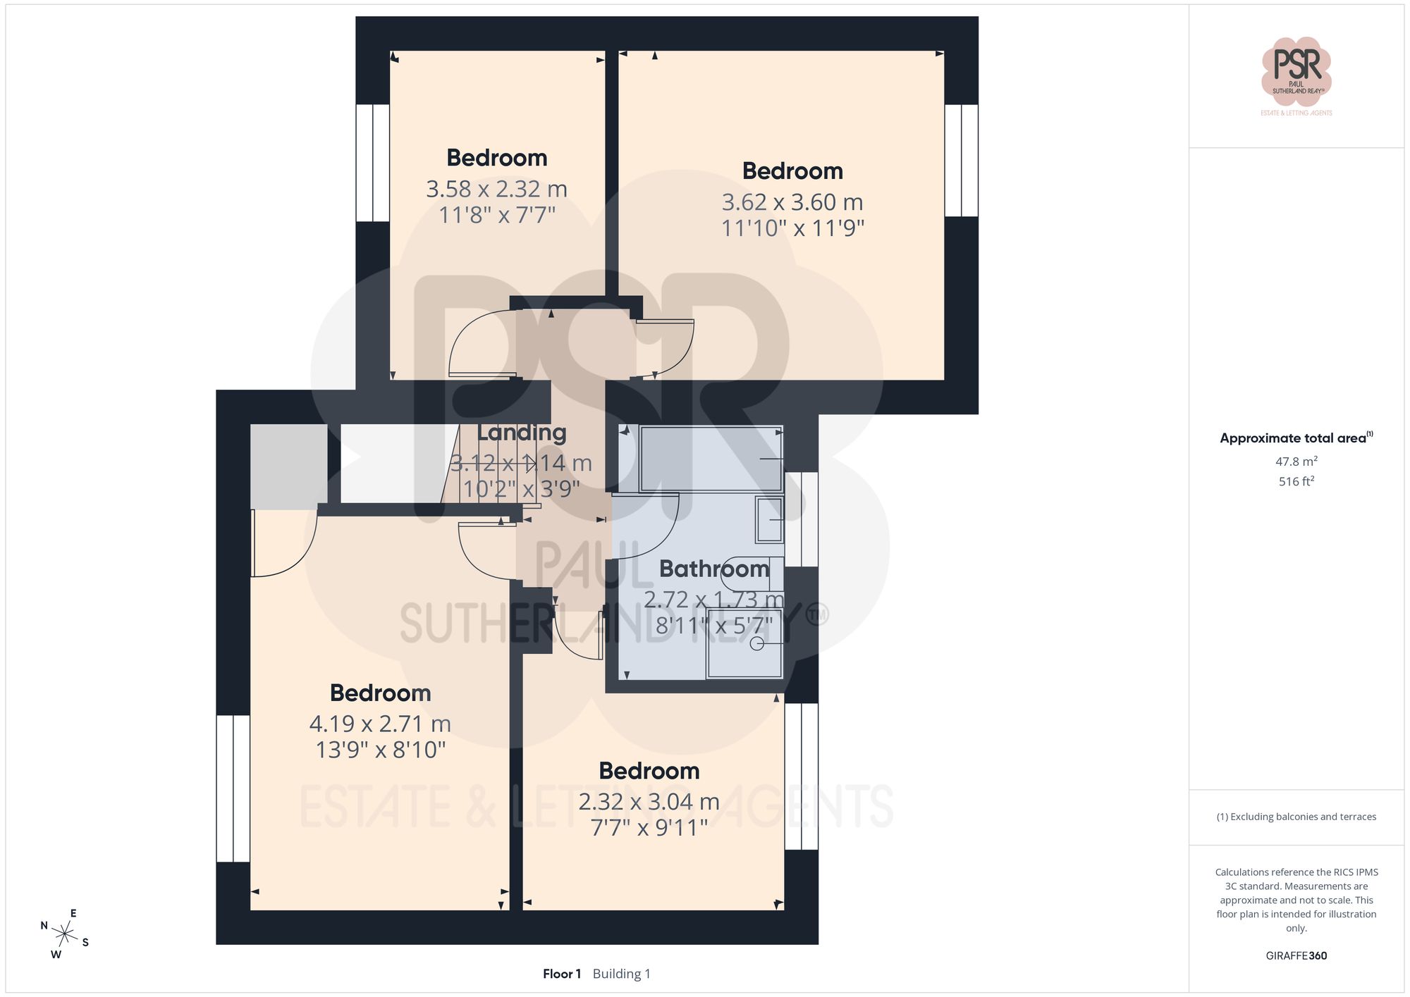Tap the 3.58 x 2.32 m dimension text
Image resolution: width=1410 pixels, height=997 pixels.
pos(496,189)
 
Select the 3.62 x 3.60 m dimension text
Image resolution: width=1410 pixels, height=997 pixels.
pos(792,202)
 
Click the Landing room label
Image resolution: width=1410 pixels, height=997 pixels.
pos(522,433)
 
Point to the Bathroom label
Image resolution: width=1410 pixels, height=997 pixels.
pos(713,569)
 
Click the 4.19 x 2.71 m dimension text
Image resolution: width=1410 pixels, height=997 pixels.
pos(380,724)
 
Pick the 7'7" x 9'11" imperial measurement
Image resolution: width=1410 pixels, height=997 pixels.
pos(649,827)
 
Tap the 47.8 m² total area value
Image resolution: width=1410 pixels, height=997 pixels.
pos(1296,462)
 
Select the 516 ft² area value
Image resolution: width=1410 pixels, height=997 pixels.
pos(1296,481)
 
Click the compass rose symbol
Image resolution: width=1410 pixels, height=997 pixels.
pos(65,935)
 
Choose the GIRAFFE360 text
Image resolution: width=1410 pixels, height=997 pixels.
pos(1296,955)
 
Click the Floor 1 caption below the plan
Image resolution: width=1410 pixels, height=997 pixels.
pos(562,974)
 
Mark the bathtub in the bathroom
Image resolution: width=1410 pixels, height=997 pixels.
pos(711,459)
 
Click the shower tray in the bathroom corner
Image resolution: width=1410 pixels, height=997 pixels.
pos(744,644)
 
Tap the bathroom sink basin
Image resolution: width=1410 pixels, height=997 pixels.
pos(769,519)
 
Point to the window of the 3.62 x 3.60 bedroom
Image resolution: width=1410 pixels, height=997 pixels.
pos(961,161)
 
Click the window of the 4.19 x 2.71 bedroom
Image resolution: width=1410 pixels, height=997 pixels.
pos(233,788)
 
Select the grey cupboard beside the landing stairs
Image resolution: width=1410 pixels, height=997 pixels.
pos(288,466)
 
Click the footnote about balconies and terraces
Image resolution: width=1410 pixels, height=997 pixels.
pos(1296,817)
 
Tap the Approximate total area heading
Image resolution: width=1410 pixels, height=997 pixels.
pos(1296,438)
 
